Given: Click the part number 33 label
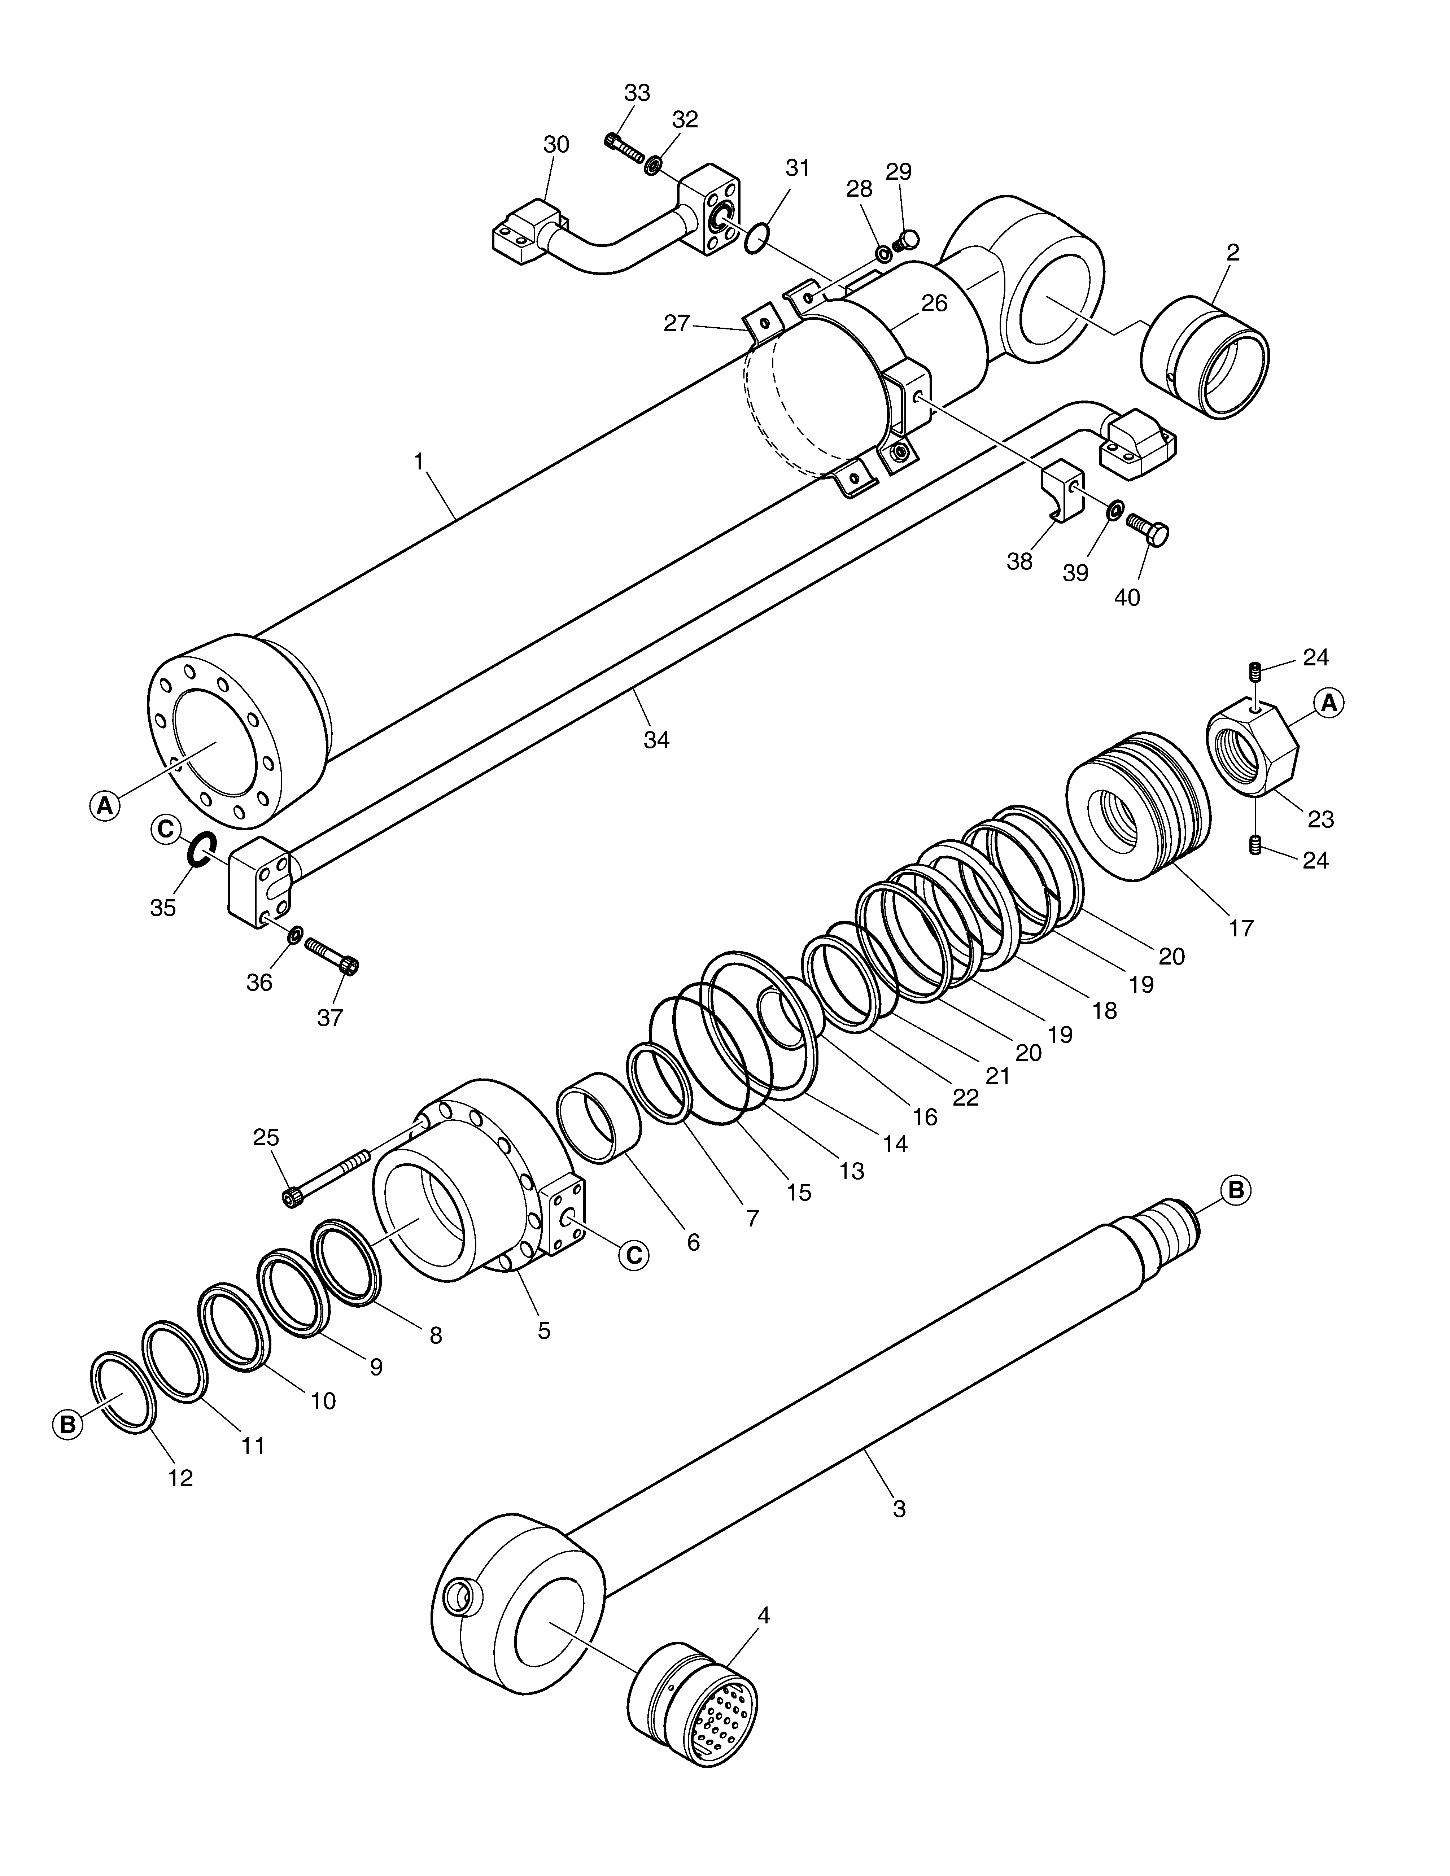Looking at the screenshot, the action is coord(637,93).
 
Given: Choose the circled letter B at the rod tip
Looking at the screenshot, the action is coord(1236,1190).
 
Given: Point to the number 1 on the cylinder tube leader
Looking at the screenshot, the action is coord(418,461).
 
